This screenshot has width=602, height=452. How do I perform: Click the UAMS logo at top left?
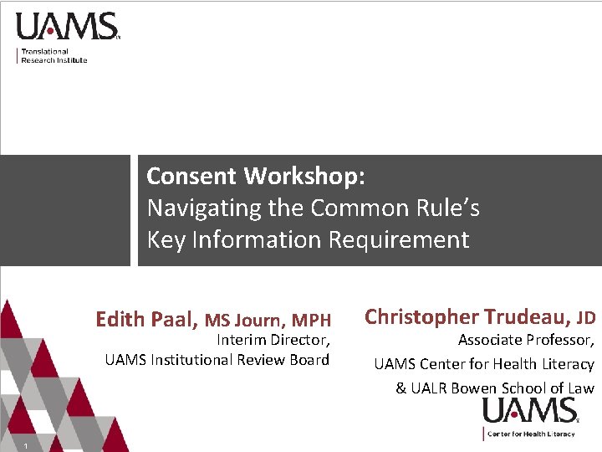67,26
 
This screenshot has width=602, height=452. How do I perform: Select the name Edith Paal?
147,319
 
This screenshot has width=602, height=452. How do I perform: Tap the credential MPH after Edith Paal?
311,320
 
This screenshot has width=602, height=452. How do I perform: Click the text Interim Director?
273,340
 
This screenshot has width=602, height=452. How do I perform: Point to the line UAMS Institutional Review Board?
217,360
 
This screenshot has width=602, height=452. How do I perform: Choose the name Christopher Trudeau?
468,316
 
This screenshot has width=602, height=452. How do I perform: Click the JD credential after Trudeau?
586,317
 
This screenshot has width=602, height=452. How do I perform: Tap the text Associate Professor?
526,340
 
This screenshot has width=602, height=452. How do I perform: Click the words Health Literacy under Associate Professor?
547,364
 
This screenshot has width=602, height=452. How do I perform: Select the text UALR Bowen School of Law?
502,388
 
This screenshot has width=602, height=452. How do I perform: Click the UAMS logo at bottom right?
530,411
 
